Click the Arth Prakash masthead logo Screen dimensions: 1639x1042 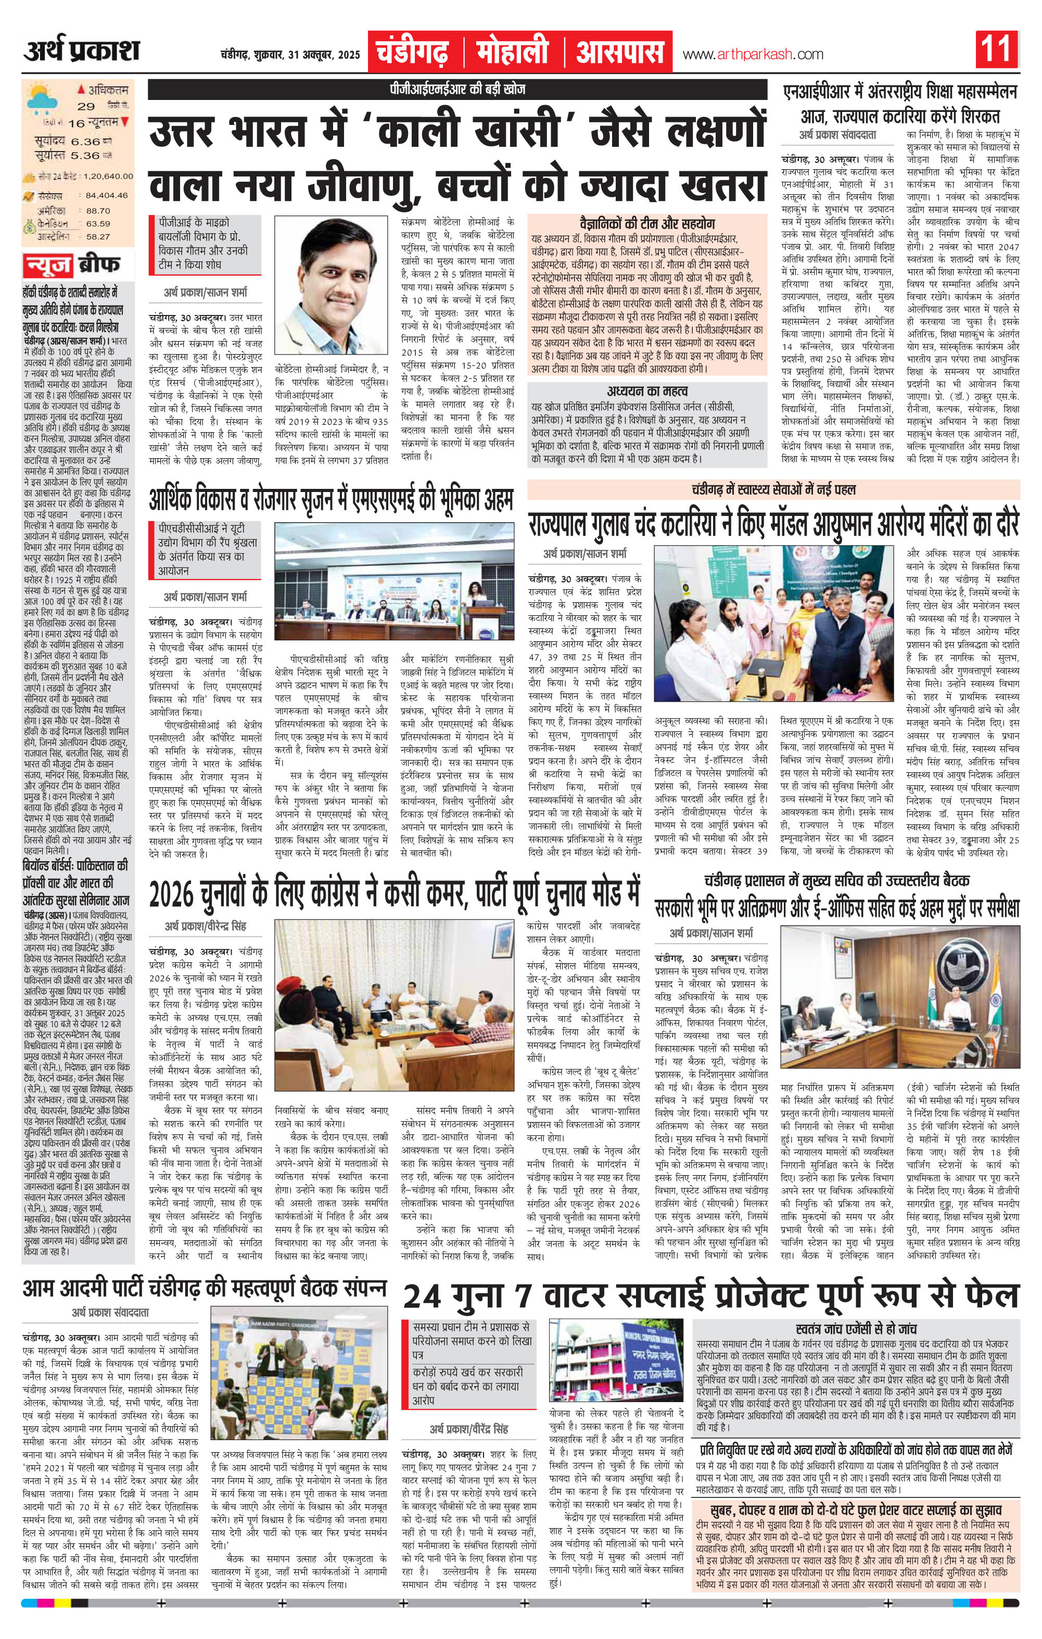(83, 52)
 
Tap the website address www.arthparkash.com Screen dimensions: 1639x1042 (753, 55)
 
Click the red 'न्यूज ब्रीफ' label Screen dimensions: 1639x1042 (71, 263)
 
